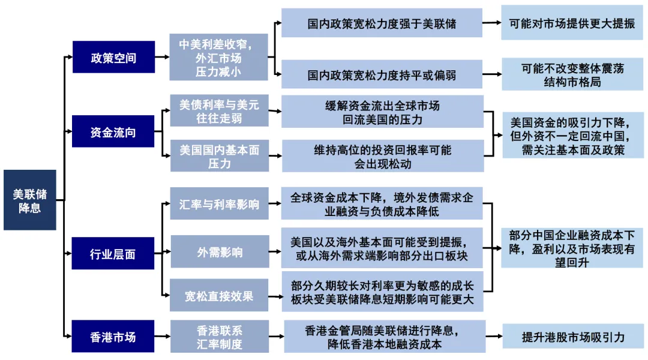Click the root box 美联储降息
tap(29, 200)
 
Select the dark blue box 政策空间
tap(113, 58)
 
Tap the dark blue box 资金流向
tap(113, 132)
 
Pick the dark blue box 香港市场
tap(113, 337)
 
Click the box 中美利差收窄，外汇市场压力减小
tap(218, 58)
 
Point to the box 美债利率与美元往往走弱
tap(218, 111)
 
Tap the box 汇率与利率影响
tap(218, 204)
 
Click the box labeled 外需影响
tap(218, 253)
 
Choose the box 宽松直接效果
tap(218, 296)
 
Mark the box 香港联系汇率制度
tap(218, 337)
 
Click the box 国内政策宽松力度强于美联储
tap(382, 24)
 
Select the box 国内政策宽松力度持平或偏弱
tap(382, 75)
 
